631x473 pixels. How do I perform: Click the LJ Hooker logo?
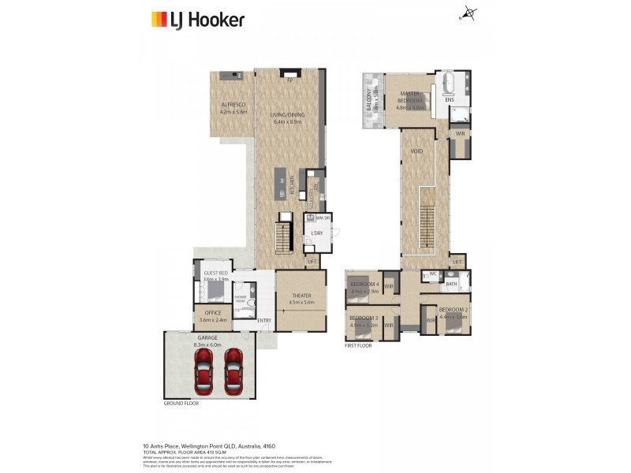197,20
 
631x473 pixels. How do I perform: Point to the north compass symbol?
471,13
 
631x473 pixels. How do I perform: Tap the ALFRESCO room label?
233,104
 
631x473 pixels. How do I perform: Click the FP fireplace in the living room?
289,80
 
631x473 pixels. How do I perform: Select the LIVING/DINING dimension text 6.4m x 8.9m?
289,122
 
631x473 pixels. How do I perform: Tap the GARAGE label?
207,337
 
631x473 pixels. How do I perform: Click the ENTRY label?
263,320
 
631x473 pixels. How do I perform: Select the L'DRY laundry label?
318,234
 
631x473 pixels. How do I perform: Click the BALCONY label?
369,100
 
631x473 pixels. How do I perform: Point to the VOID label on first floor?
417,151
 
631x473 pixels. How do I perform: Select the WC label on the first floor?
433,274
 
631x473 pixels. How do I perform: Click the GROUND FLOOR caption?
181,403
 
